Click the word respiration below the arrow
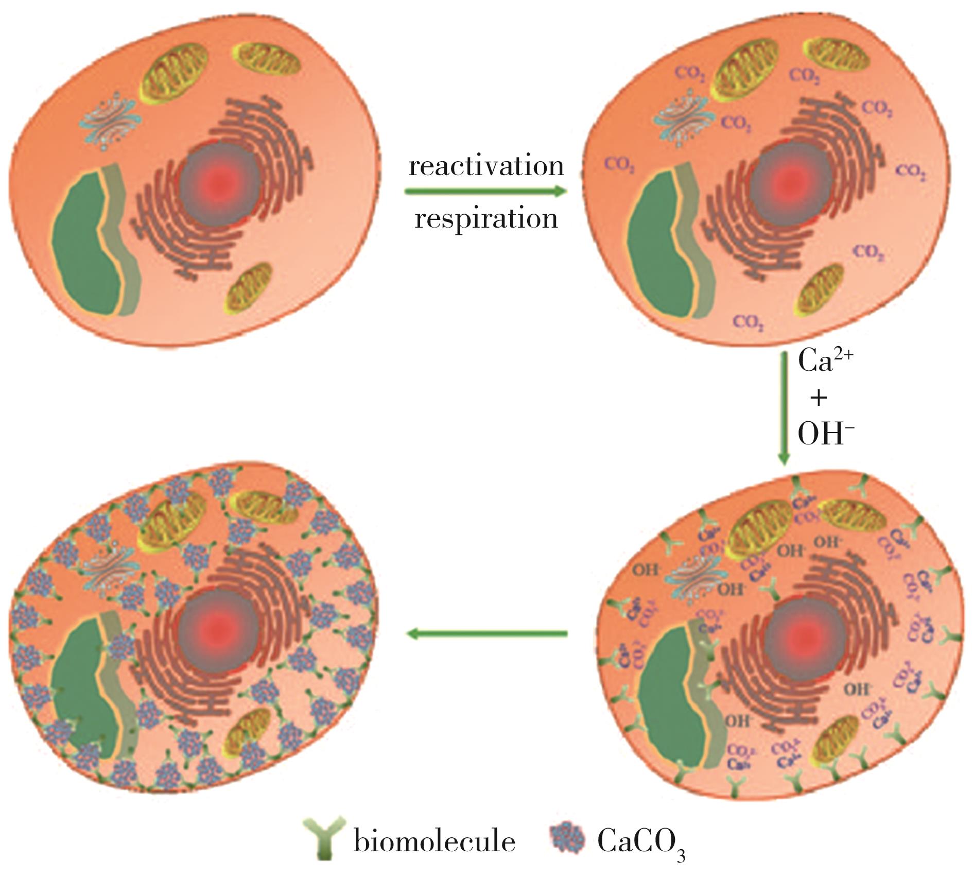click(x=486, y=219)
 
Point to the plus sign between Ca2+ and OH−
click(x=819, y=398)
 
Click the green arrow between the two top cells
click(x=485, y=192)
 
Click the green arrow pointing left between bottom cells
click(x=486, y=634)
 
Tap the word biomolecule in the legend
click(x=434, y=842)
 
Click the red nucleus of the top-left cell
click(x=219, y=181)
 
